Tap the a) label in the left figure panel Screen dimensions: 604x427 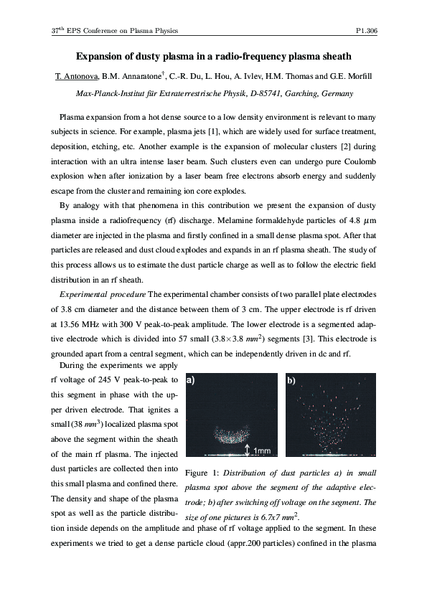point(192,382)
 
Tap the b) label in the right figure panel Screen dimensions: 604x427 point(291,382)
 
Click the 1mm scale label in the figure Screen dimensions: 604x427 point(262,450)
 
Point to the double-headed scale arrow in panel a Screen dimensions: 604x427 point(248,449)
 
